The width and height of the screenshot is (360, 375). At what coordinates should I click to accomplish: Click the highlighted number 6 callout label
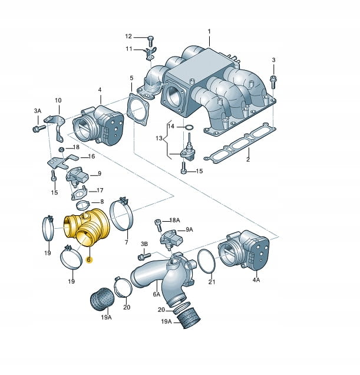click(89, 259)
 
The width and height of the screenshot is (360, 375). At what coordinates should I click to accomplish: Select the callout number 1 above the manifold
click(209, 31)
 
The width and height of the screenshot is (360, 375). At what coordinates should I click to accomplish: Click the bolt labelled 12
click(150, 41)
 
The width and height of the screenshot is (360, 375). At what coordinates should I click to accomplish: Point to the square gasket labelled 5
click(137, 109)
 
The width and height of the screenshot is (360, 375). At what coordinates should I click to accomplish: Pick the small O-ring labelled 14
click(189, 127)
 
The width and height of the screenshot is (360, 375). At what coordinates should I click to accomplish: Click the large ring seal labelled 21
click(207, 261)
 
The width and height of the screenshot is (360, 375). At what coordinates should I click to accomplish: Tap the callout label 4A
click(256, 279)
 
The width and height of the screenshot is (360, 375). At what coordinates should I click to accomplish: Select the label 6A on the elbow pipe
click(157, 294)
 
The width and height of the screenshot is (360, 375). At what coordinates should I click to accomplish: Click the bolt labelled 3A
click(39, 128)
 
